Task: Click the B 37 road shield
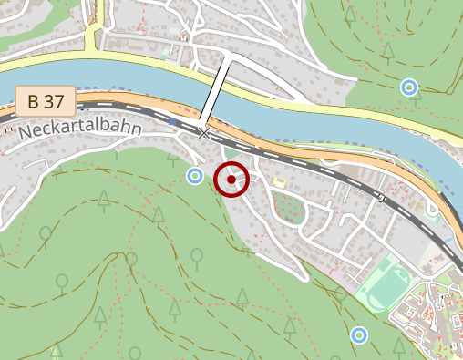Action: pyautogui.click(x=46, y=101)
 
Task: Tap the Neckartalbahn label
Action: pyautogui.click(x=79, y=129)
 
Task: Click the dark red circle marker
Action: pyautogui.click(x=231, y=180)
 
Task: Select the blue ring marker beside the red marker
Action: pyautogui.click(x=193, y=175)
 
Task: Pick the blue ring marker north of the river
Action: pyautogui.click(x=409, y=87)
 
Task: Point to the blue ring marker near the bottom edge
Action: pyautogui.click(x=359, y=335)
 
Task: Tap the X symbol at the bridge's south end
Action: pyautogui.click(x=204, y=134)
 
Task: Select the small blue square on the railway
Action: pyautogui.click(x=172, y=121)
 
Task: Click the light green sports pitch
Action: pyautogui.click(x=385, y=286)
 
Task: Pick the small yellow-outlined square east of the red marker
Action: pyautogui.click(x=279, y=182)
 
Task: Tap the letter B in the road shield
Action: pyautogui.click(x=33, y=101)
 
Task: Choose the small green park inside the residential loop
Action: pyautogui.click(x=289, y=209)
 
